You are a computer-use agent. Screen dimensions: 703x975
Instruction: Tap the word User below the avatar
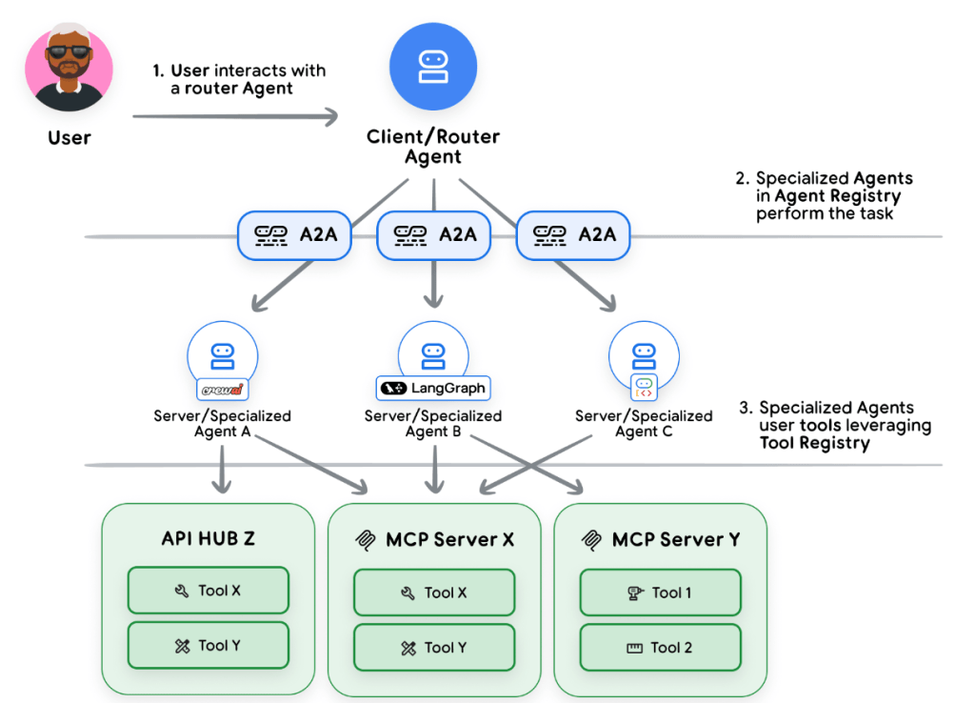(70, 138)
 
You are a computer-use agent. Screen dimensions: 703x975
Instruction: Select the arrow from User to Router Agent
(234, 116)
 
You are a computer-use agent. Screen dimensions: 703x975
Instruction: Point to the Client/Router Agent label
(433, 147)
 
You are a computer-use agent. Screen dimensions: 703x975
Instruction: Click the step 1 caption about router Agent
(239, 80)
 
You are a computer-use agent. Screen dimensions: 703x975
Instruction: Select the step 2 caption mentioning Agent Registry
(825, 196)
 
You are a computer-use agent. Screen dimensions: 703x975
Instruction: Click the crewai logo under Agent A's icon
(223, 390)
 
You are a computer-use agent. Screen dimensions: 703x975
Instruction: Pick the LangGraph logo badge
(433, 388)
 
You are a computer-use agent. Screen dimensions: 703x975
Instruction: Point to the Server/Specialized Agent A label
(223, 423)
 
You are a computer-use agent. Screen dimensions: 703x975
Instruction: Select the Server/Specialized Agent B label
(433, 423)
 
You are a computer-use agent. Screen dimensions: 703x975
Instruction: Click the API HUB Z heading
(208, 538)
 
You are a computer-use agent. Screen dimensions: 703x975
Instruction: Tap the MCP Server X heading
(435, 540)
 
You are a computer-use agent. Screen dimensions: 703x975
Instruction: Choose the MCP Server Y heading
(661, 540)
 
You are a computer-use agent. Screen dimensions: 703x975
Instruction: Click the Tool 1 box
(660, 593)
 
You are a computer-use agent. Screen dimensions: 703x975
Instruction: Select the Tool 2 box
(660, 648)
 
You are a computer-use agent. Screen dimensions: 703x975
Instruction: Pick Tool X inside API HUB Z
(208, 591)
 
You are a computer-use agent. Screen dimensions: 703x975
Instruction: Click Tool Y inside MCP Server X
(434, 648)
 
